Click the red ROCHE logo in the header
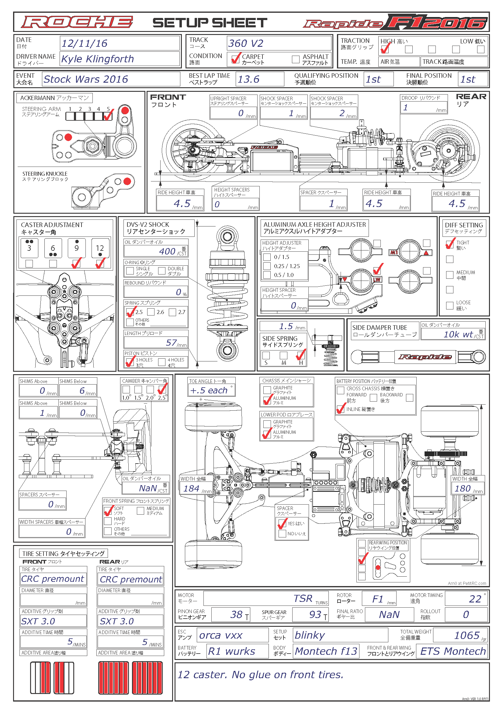point(77,22)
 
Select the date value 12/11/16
point(84,43)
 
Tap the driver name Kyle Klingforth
point(97,59)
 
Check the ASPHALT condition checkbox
point(296,59)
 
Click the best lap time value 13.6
point(248,79)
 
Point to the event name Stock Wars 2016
point(85,79)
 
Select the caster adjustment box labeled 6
point(53,248)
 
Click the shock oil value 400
point(167,251)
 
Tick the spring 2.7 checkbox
point(172,312)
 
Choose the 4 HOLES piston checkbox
point(162,362)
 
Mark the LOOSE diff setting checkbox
point(450,305)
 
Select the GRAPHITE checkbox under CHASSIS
point(267,390)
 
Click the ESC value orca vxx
point(220,635)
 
